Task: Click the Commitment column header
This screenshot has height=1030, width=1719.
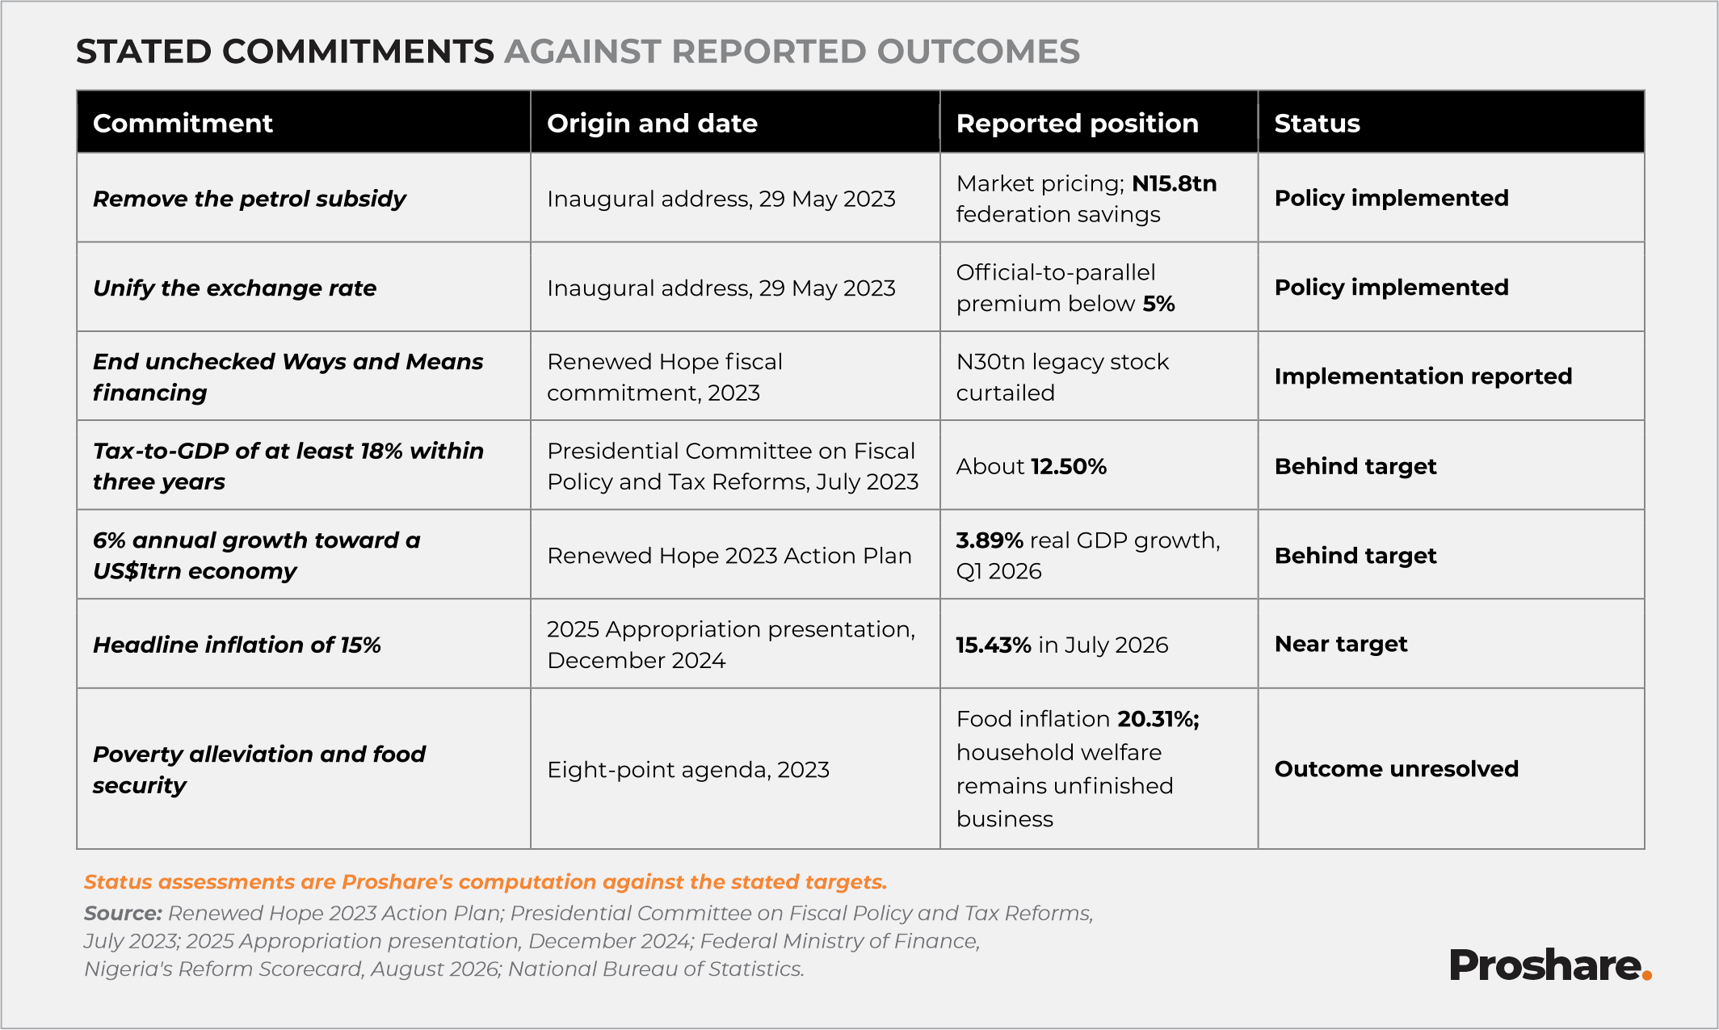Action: coord(183,124)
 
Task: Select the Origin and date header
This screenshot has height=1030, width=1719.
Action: coord(652,124)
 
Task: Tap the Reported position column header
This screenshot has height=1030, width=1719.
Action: coord(1077,124)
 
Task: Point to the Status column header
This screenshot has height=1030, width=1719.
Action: coord(1317,124)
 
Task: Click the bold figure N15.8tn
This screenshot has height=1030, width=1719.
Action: coord(1174,183)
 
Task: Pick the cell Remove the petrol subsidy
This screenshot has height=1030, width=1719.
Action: coord(249,199)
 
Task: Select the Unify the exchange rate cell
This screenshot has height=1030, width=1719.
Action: coord(234,288)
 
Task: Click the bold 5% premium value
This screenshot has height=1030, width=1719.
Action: coord(1158,304)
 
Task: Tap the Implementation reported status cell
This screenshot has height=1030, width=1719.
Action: coord(1423,376)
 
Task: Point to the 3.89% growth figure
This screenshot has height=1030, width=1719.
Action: coord(990,540)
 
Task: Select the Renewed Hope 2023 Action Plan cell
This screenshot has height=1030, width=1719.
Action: coord(729,556)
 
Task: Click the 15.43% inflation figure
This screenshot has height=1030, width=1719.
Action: coord(994,645)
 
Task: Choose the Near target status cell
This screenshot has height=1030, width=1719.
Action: coord(1340,644)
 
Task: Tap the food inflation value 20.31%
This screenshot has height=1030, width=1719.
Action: coord(1158,719)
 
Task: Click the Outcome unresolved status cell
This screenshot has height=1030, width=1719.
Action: coord(1396,768)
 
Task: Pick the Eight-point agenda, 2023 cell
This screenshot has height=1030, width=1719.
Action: coord(687,770)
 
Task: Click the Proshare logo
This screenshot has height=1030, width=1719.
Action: coord(1550,965)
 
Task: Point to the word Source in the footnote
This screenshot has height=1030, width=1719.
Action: coord(124,913)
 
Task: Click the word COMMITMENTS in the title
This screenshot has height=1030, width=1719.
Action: coord(358,52)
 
